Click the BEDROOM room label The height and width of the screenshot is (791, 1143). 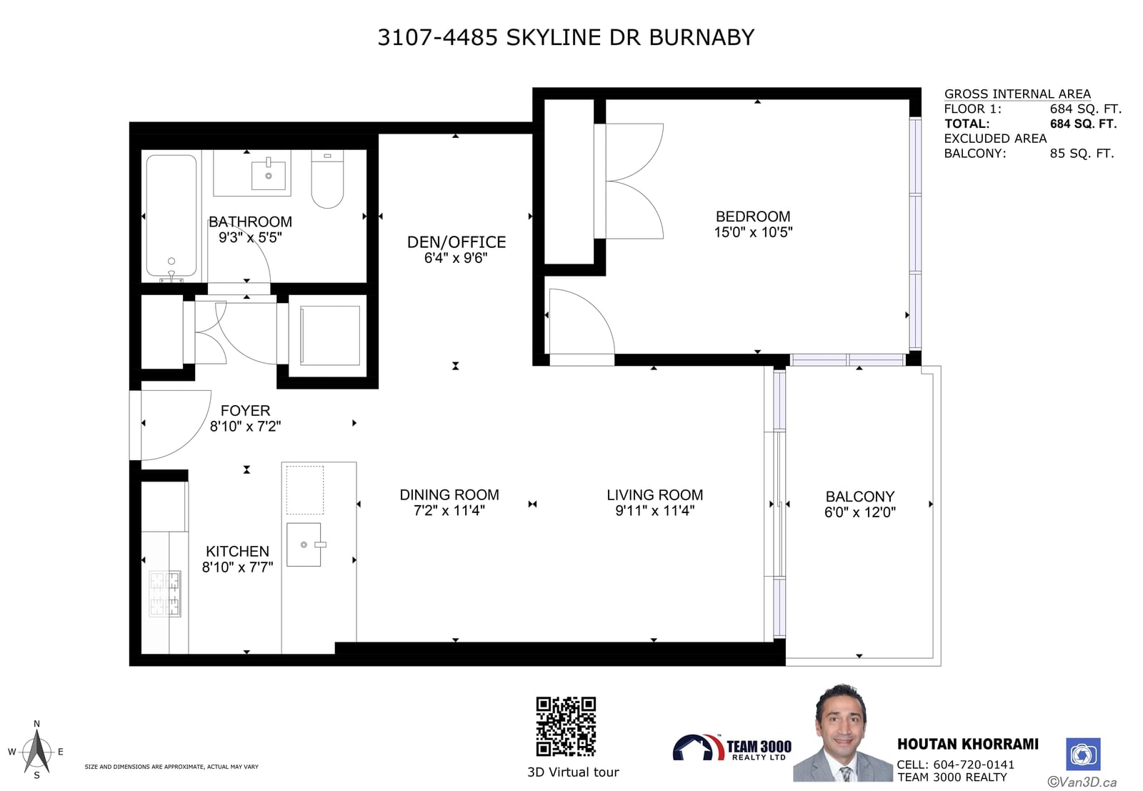[753, 217]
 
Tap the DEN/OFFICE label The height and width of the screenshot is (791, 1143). [456, 242]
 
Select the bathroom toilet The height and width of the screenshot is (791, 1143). [328, 179]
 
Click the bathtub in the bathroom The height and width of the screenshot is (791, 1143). [171, 216]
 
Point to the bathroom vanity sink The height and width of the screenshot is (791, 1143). [269, 174]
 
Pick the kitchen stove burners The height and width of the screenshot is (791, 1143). [165, 594]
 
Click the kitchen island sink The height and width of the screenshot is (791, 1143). [304, 544]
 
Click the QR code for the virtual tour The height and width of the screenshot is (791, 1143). [566, 726]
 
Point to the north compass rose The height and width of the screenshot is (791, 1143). [36, 750]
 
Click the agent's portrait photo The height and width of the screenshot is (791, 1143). [842, 733]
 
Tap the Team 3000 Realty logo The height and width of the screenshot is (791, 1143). [732, 747]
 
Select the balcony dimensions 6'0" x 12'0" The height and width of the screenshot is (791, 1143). [860, 512]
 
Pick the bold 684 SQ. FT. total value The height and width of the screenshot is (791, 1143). [1083, 124]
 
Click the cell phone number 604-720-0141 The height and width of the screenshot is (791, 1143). [974, 765]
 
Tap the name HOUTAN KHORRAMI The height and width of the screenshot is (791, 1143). [968, 745]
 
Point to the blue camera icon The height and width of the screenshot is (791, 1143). [1083, 755]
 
